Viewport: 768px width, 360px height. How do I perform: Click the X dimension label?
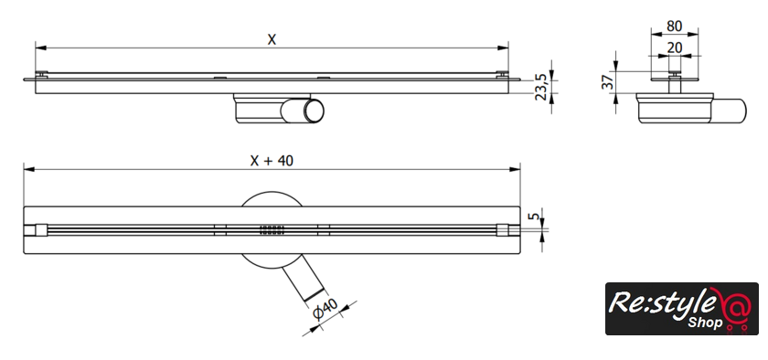pyautogui.click(x=272, y=39)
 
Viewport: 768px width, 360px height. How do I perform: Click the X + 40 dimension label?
pyautogui.click(x=272, y=160)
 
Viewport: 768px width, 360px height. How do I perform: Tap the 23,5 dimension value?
pyautogui.click(x=541, y=87)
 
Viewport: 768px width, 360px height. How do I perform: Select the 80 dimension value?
pyautogui.click(x=675, y=26)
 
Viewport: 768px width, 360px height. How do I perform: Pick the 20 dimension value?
pyautogui.click(x=675, y=48)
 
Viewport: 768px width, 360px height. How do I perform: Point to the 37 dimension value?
pyautogui.click(x=608, y=82)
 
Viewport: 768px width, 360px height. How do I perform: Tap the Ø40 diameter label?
pyautogui.click(x=325, y=310)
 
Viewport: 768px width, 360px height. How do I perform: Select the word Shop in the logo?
pyautogui.click(x=705, y=323)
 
